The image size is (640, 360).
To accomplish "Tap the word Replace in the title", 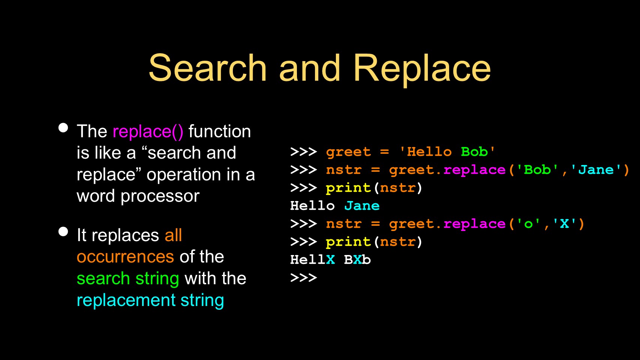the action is click(422, 70).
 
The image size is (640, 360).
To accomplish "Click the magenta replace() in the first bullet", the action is click(148, 132).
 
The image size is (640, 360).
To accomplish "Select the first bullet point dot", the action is click(63, 128).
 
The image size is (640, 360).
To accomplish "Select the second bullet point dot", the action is click(63, 231).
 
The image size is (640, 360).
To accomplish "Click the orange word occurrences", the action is click(125, 256).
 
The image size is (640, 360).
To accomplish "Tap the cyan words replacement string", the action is click(150, 301).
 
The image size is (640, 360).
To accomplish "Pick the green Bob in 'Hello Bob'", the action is click(474, 152).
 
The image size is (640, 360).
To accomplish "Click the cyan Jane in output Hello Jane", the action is click(362, 206).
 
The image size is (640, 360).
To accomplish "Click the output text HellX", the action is click(312, 260).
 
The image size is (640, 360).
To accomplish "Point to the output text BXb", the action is click(357, 260).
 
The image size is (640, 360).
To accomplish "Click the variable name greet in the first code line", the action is click(348, 152).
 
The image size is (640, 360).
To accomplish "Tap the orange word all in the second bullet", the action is click(173, 235).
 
